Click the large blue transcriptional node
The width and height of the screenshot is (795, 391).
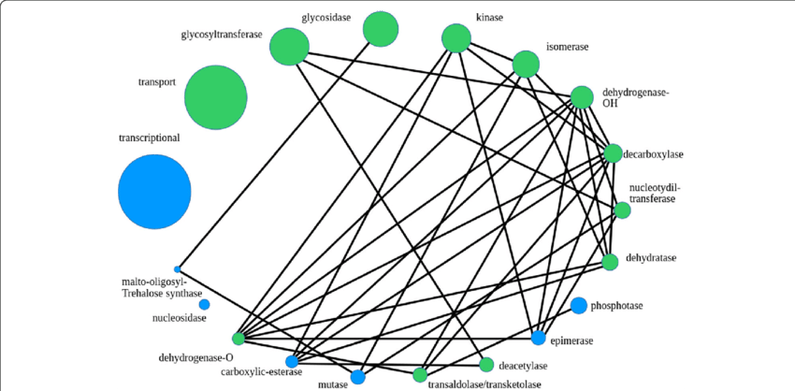coord(154,192)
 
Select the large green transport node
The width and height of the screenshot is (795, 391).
coord(215,96)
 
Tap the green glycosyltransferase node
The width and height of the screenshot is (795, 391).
coord(289,46)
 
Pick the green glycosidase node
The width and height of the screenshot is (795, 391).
coord(379,28)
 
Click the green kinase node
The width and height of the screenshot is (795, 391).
coord(455,38)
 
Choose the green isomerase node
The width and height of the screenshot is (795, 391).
coord(526,64)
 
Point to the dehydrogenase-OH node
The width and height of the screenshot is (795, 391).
coord(582,97)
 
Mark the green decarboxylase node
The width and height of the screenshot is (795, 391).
coord(613,152)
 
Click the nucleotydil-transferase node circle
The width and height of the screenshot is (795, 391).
coord(621,210)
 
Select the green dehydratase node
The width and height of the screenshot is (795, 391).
coord(610,262)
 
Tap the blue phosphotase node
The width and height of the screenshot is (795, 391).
coord(578,305)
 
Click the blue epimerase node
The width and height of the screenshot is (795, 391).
coord(538,338)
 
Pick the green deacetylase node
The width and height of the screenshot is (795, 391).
coord(485,365)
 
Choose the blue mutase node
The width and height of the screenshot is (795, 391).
coord(357,378)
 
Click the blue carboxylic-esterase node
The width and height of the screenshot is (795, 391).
coord(292,361)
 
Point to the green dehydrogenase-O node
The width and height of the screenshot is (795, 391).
coord(238,338)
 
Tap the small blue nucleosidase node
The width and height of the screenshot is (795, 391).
coord(204,304)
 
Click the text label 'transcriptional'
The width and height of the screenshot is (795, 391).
coord(149,138)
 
